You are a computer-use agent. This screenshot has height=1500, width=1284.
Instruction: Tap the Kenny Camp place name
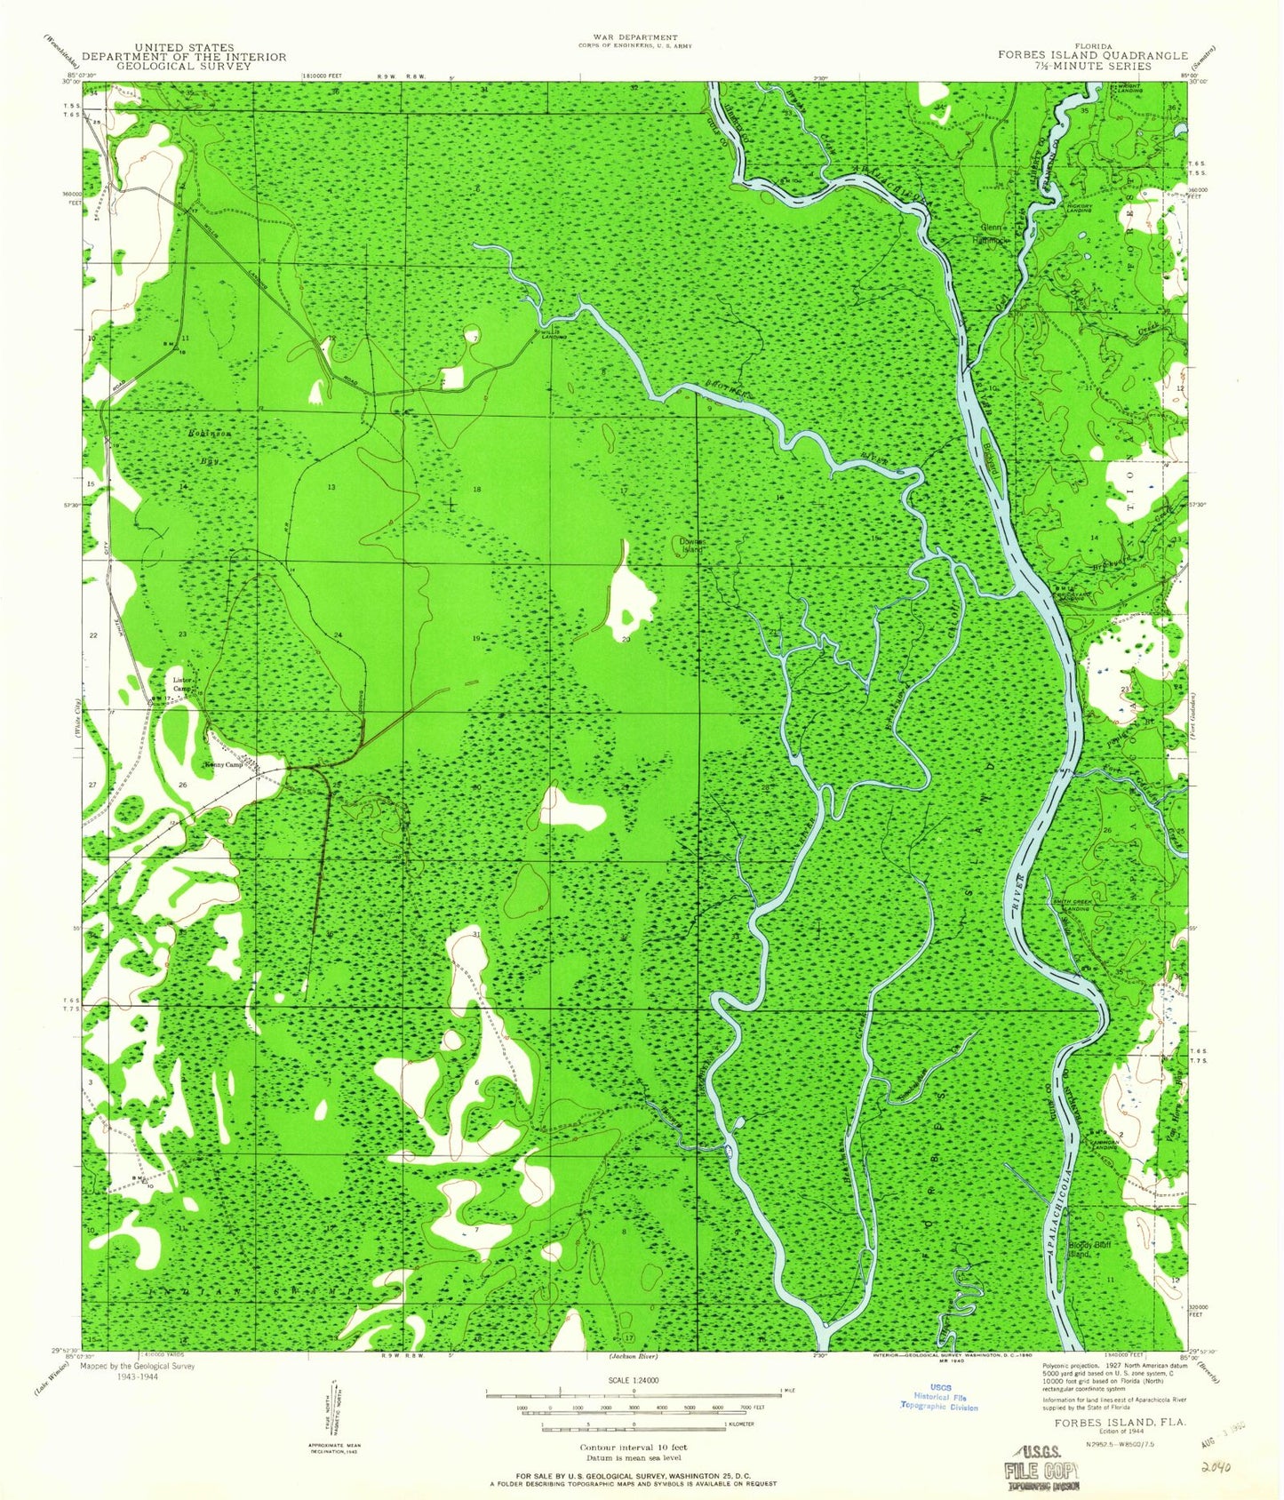[223, 765]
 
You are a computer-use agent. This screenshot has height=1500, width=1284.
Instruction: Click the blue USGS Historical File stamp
[939, 1399]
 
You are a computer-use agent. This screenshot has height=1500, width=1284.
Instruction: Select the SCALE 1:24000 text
[632, 1405]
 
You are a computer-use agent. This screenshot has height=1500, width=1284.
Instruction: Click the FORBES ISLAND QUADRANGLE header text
[1092, 55]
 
